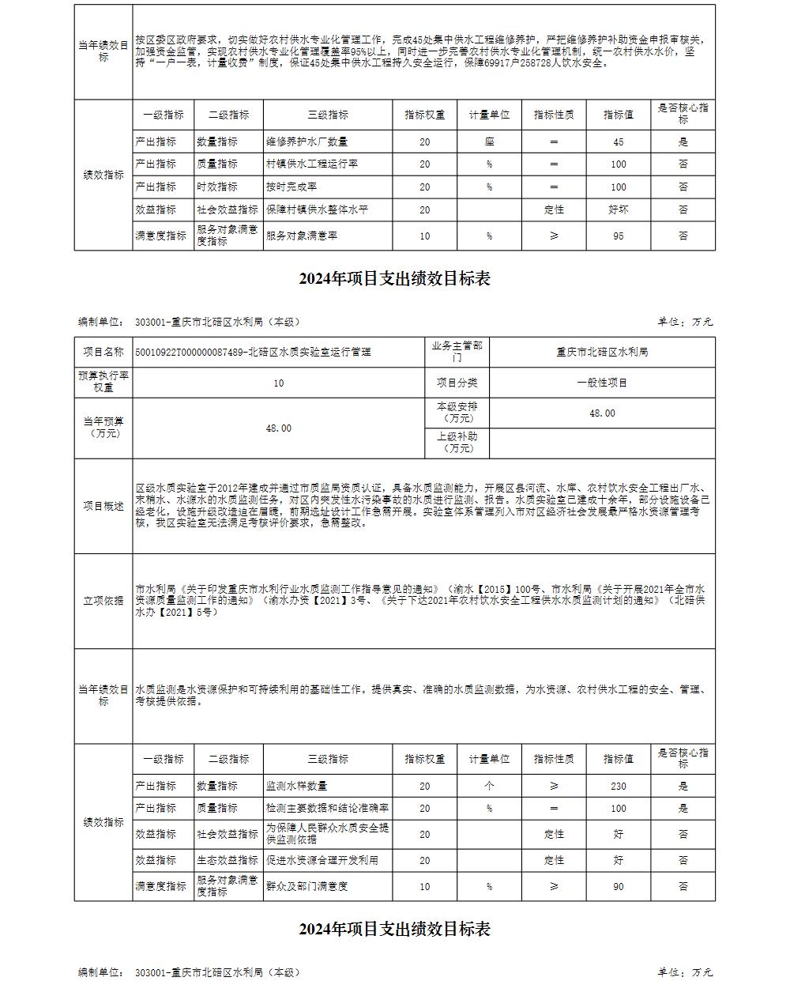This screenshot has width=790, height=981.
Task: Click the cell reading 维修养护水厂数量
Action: tap(307, 142)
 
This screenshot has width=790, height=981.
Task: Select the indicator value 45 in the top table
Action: tap(618, 142)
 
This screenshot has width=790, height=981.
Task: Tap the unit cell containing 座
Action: tap(489, 142)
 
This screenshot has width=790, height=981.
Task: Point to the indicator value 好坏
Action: tap(618, 210)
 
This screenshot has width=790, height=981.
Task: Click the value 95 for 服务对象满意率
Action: tap(618, 236)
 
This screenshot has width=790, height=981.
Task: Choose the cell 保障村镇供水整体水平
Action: tap(317, 210)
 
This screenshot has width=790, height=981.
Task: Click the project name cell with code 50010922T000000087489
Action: tap(253, 352)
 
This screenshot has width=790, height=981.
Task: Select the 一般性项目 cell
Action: tap(602, 383)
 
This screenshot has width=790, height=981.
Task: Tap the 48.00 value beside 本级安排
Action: tap(602, 413)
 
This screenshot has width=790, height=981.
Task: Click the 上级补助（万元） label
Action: tap(457, 443)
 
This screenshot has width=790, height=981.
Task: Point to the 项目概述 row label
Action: tap(103, 506)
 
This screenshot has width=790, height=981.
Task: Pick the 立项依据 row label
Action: tap(103, 601)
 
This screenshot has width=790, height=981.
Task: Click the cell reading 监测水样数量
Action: tap(296, 787)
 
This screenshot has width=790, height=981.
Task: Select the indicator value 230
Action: tap(618, 787)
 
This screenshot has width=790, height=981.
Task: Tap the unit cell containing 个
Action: tap(489, 787)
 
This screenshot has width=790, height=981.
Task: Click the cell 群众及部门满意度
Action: tap(307, 887)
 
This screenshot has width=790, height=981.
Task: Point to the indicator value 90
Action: tap(618, 887)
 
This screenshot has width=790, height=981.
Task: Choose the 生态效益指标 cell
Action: tap(228, 860)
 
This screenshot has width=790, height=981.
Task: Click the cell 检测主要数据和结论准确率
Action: tap(327, 809)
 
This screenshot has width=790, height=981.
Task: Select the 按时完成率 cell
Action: tap(291, 187)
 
